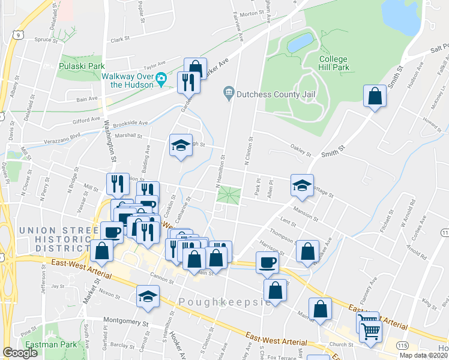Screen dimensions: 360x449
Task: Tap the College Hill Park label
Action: tap(334, 63)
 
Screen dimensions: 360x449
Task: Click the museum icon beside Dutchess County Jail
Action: tap(228, 92)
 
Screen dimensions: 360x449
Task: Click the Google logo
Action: tap(20, 353)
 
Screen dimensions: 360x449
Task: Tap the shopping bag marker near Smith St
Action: tap(375, 96)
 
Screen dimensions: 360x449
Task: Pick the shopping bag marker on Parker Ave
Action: tap(195, 68)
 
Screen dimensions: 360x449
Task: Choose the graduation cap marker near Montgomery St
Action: tap(148, 296)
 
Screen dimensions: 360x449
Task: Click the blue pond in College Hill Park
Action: tap(300, 43)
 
